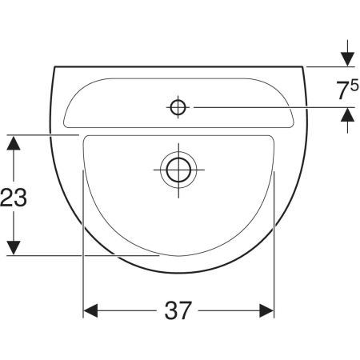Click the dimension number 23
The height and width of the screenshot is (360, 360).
point(14,198)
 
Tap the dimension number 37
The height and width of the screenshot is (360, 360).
point(178,310)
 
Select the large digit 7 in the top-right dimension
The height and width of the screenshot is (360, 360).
point(342,90)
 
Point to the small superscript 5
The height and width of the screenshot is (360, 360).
point(354,86)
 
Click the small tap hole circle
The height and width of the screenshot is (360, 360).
point(178,107)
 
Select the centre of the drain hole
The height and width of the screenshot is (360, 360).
point(178,170)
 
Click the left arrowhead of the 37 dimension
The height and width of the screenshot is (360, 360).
point(90,310)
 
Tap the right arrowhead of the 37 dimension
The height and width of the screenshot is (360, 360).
point(266,310)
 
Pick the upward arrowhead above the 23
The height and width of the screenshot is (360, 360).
point(14,143)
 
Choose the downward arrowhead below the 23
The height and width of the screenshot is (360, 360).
point(14,248)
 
